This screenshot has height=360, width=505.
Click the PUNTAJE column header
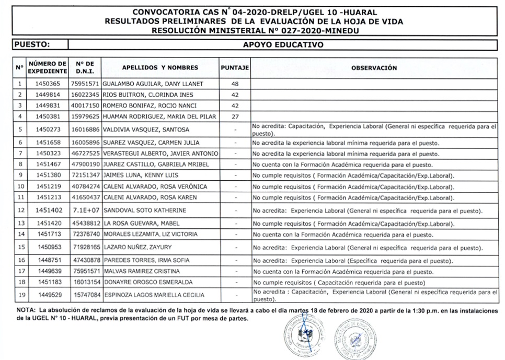(x=235, y=68)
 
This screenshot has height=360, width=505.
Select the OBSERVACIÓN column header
(x=374, y=68)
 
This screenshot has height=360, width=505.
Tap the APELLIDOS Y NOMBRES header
(x=160, y=68)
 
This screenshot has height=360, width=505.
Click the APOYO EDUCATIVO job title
(x=283, y=45)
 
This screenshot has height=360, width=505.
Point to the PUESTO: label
(x=32, y=45)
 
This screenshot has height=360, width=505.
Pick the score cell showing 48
(x=235, y=84)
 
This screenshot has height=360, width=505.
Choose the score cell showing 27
(x=235, y=117)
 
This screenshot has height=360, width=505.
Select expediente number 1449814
(x=48, y=95)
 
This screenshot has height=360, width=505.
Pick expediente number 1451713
(x=48, y=235)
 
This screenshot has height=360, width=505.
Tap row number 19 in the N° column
(x=20, y=295)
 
